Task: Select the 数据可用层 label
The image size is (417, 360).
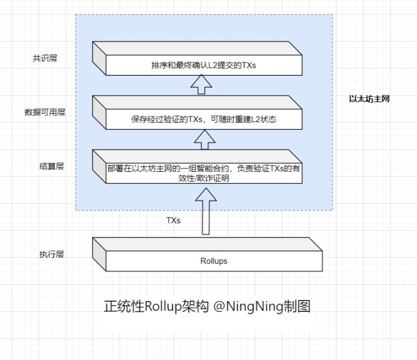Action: tap(44, 112)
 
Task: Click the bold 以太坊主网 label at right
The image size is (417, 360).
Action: tap(369, 99)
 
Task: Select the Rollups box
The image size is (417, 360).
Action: tap(207, 255)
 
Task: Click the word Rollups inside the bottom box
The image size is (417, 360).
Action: tap(214, 261)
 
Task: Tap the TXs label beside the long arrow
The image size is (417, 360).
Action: tap(173, 221)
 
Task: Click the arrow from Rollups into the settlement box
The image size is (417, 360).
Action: tap(206, 210)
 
